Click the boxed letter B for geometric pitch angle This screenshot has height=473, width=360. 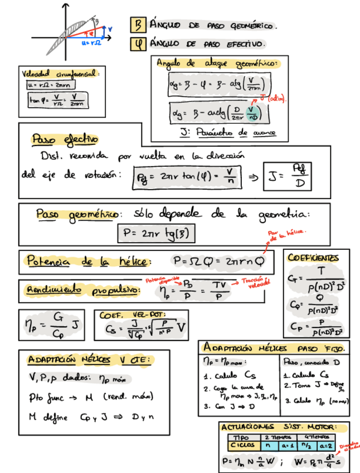pos(137,25)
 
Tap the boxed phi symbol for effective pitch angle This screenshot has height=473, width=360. pos(137,43)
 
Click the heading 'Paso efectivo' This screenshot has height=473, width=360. pos(65,138)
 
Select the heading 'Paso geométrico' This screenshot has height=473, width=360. pos(77,214)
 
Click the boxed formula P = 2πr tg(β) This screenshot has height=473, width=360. pos(157,233)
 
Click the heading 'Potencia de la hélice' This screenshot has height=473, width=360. pos(86,260)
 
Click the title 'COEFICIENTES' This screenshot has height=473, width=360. pos(313,258)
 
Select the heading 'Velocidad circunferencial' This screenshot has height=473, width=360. pos(60,74)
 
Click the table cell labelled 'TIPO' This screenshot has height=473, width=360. pos(243,437)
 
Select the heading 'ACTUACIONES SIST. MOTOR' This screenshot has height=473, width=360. pos(283,427)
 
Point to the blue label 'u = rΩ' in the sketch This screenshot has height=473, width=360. pos(90,42)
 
